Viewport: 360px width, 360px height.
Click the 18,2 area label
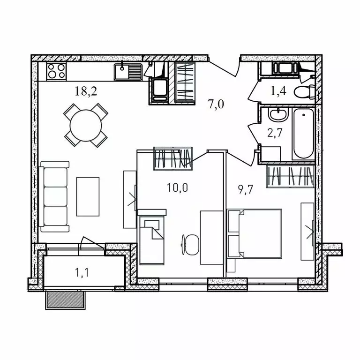tap(86, 91)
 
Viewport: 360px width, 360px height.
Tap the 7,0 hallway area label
tap(216, 104)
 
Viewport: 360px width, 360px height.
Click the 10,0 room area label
tap(178, 188)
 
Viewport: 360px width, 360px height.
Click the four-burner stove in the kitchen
tap(56, 71)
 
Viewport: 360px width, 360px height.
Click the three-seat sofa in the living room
tap(55, 196)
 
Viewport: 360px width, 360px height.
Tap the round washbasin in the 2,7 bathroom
tap(276, 115)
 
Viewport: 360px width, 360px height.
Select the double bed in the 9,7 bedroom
tap(255, 233)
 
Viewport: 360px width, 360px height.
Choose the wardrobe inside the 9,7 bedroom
tap(290, 176)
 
